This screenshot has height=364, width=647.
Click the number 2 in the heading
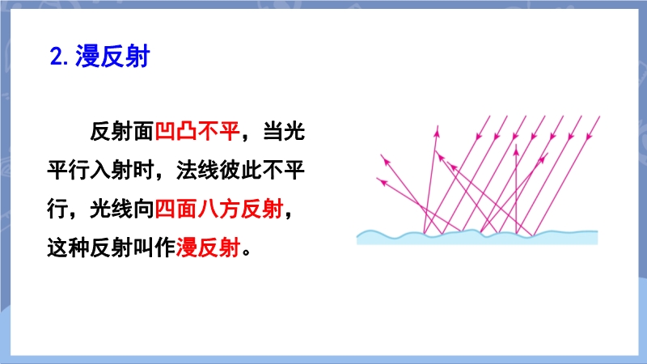[57, 57]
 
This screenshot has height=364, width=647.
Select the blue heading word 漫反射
[112, 56]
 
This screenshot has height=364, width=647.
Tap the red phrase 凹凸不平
[197, 132]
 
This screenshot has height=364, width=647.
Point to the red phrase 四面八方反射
[219, 209]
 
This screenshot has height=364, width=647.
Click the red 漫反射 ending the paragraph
[209, 248]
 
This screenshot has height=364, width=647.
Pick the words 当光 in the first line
[284, 132]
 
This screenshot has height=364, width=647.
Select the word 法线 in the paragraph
[197, 170]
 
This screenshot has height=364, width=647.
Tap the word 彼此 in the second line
[240, 170]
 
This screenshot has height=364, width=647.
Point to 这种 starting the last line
[69, 248]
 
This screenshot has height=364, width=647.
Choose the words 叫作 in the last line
[154, 248]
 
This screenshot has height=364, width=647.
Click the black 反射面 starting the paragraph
[122, 132]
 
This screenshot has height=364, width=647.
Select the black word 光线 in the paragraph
[112, 209]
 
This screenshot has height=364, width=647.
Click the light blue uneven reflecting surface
[477, 238]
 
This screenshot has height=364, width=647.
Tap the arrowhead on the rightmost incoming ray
[590, 135]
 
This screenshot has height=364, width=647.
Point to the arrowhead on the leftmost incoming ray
[479, 135]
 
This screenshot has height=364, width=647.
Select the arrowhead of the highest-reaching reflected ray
[437, 131]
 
